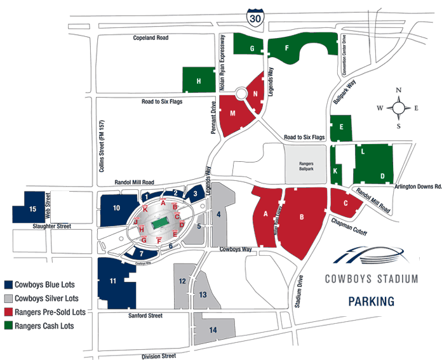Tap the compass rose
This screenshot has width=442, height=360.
click(398, 108)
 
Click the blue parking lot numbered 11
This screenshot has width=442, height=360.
click(112, 281)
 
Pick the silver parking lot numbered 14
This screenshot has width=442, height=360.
click(213, 330)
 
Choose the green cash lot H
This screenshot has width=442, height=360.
click(199, 81)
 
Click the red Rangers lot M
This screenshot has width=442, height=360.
click(233, 114)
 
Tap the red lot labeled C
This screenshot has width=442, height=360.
click(345, 203)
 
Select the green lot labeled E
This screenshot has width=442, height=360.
click(341, 127)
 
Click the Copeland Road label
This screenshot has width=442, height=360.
click(150, 38)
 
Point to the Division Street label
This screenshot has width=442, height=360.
click(159, 356)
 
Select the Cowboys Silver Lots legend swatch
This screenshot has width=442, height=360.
click(9, 298)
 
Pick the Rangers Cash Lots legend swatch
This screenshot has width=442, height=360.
click(9, 326)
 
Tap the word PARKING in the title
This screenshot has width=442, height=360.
click(372, 301)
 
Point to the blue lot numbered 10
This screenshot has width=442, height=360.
click(116, 208)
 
